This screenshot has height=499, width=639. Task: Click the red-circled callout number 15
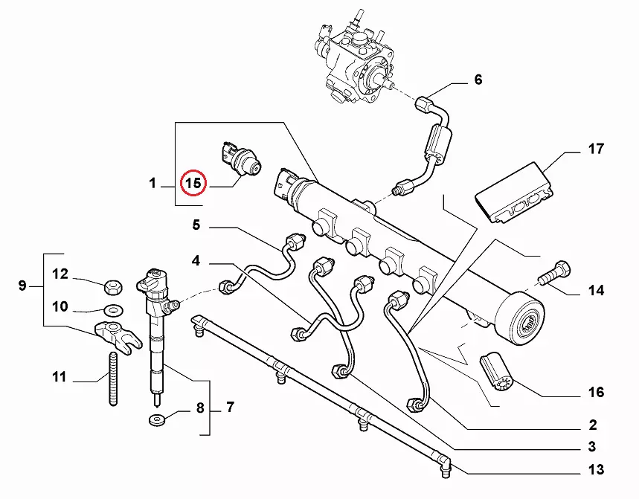(x=193, y=183)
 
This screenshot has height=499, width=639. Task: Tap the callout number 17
(x=596, y=149)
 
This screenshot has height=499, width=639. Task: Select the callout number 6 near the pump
(x=478, y=80)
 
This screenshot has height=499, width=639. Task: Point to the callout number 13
(x=596, y=470)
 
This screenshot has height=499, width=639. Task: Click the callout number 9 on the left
(x=22, y=286)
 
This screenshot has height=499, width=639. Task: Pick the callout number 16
(x=596, y=392)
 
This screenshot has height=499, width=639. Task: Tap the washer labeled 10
(x=113, y=310)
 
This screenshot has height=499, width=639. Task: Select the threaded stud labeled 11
(x=113, y=379)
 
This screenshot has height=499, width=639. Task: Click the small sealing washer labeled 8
(x=157, y=420)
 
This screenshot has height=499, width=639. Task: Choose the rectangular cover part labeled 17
(x=514, y=193)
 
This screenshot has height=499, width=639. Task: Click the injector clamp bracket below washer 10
(x=118, y=336)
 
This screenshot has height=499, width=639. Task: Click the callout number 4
(x=196, y=260)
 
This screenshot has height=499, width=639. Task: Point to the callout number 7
(x=231, y=407)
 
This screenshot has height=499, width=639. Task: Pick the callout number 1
(x=152, y=183)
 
